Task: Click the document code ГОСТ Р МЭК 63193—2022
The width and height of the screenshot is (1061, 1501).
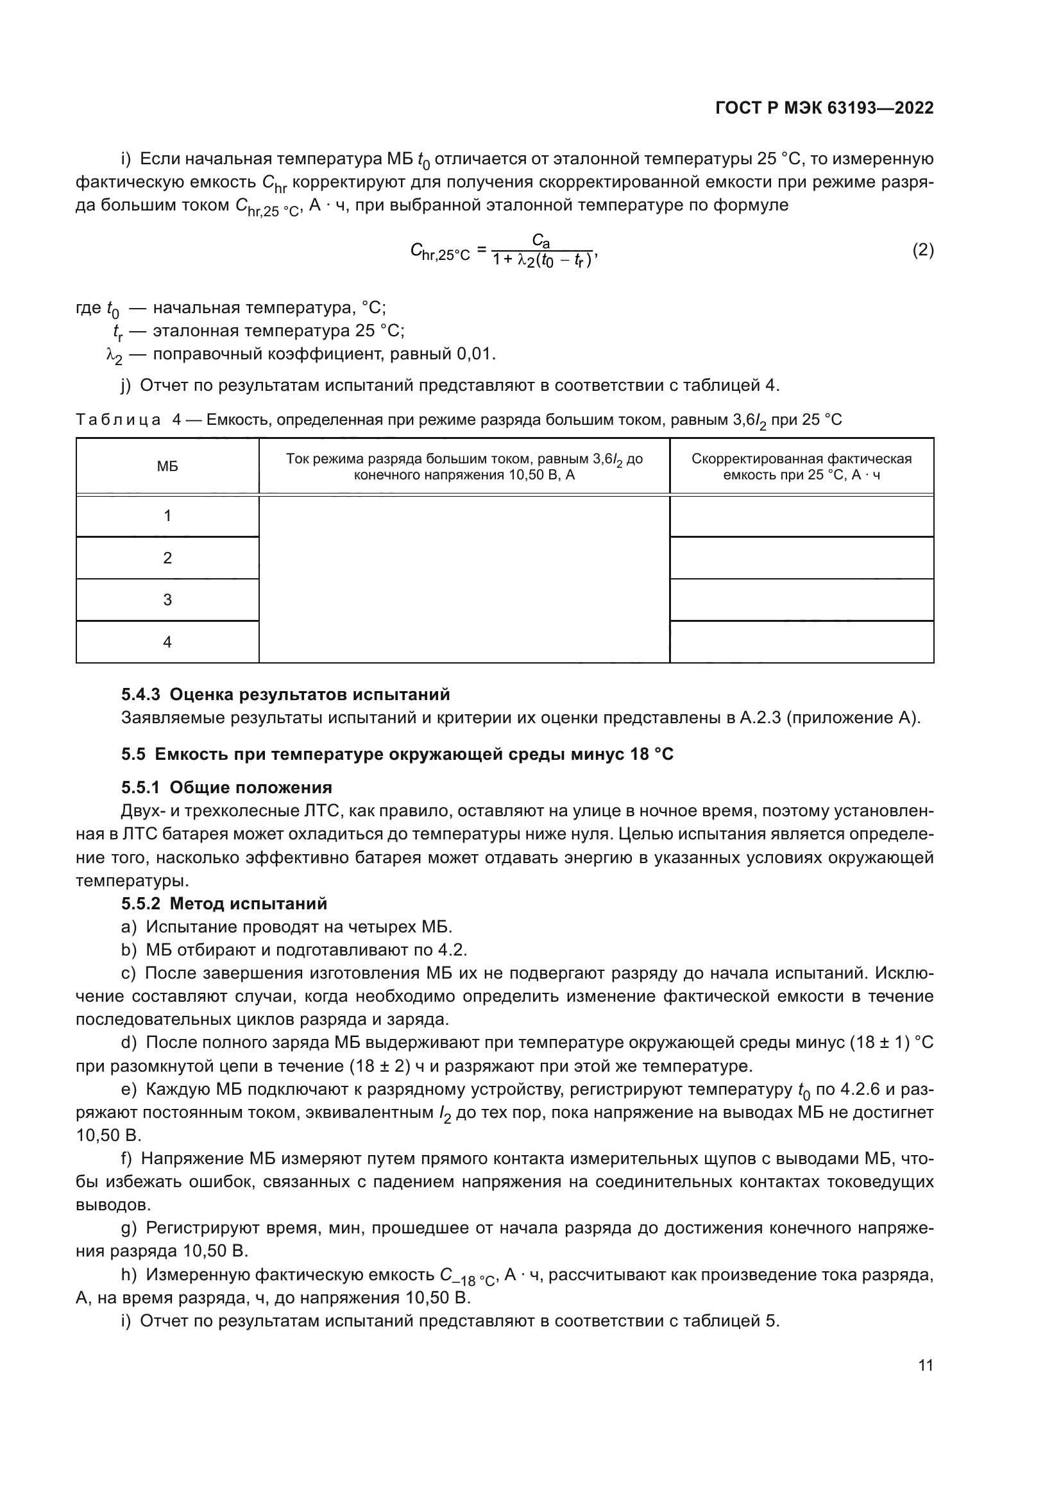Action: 824,108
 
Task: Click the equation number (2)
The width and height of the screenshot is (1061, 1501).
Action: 922,250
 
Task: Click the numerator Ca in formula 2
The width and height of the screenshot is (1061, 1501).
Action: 541,241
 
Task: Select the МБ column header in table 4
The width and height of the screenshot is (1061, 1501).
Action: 167,466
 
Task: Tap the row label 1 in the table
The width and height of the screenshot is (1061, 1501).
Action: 167,516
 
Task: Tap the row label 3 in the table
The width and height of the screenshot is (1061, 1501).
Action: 167,599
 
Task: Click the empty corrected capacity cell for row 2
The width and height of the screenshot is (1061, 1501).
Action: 802,558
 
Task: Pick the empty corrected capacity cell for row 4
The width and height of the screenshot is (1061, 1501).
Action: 802,641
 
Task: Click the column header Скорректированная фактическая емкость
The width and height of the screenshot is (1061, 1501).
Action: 802,466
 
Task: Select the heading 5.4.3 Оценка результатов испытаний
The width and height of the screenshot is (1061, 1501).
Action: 285,694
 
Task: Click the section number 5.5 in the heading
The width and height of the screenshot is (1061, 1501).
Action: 133,755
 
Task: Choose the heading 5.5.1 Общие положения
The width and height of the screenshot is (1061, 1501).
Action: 226,787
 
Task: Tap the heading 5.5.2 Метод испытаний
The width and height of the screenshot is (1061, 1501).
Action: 224,904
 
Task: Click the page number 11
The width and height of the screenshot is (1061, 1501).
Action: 925,1365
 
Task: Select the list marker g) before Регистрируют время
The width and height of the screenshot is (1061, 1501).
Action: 129,1228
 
